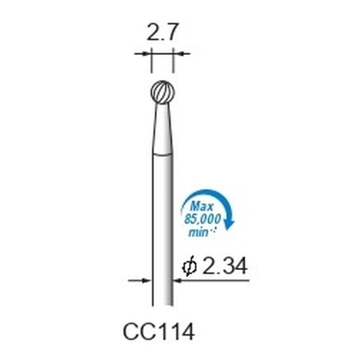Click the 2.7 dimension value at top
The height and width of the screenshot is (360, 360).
pyautogui.click(x=162, y=32)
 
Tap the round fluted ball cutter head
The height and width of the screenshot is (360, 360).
pyautogui.click(x=163, y=92)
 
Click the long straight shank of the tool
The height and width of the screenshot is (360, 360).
pyautogui.click(x=163, y=230)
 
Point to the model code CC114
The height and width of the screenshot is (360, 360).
pyautogui.click(x=158, y=332)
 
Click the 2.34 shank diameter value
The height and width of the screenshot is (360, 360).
pyautogui.click(x=225, y=266)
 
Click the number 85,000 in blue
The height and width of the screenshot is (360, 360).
pyautogui.click(x=202, y=220)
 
